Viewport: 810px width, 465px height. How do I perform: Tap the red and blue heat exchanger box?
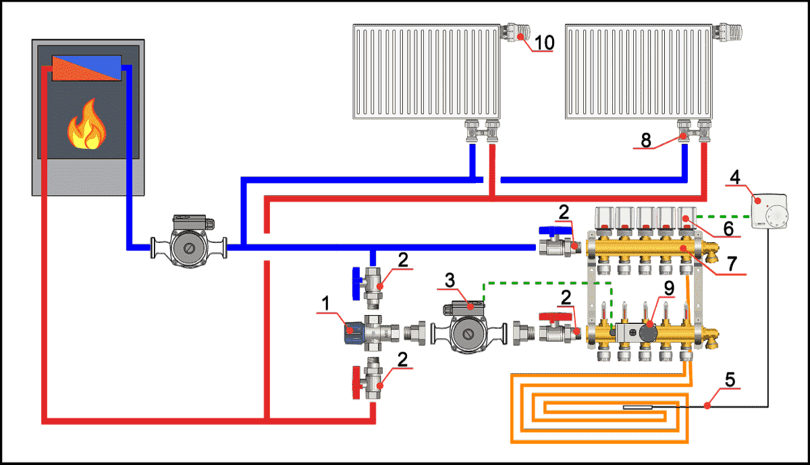click(x=87, y=68)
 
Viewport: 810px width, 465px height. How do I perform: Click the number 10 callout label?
click(x=544, y=43)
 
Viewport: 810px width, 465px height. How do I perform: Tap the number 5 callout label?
click(x=730, y=379)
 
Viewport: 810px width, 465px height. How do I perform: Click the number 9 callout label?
click(x=668, y=287)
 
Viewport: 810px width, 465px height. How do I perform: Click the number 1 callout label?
click(x=325, y=304)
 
